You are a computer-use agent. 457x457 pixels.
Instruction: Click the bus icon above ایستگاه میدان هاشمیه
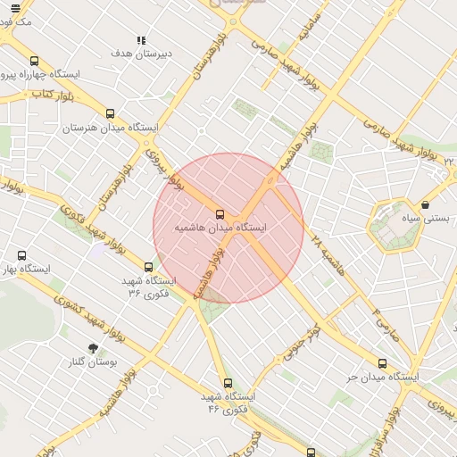click(x=220, y=214)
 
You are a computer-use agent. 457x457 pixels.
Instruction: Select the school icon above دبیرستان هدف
click(x=141, y=40)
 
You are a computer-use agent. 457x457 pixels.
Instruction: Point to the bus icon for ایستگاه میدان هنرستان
click(x=111, y=114)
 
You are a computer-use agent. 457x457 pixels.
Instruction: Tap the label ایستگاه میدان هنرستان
click(x=110, y=128)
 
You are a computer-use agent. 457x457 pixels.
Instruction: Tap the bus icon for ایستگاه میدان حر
click(x=383, y=363)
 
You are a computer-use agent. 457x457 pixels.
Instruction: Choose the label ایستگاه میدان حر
click(x=383, y=377)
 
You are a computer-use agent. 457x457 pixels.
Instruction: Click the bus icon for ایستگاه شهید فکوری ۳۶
click(x=149, y=267)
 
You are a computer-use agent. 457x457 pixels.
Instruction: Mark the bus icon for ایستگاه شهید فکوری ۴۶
click(x=228, y=383)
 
